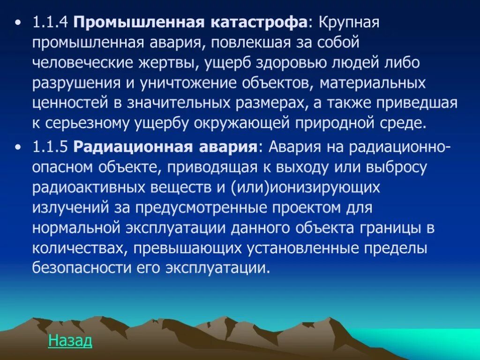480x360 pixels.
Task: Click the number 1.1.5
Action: click(50, 147)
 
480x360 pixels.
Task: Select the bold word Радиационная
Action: click(130, 147)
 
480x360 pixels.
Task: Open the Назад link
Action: click(70, 341)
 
